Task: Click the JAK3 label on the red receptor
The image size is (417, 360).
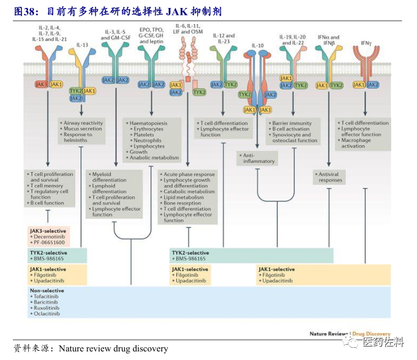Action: pyautogui.click(x=40, y=84)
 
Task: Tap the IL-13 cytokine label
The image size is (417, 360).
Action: pyautogui.click(x=81, y=45)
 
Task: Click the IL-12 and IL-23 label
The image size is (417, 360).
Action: pyautogui.click(x=224, y=40)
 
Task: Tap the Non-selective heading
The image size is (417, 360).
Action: pyautogui.click(x=45, y=291)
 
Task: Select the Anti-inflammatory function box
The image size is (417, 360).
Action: pyautogui.click(x=258, y=159)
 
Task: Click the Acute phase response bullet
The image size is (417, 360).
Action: pyautogui.click(x=189, y=174)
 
